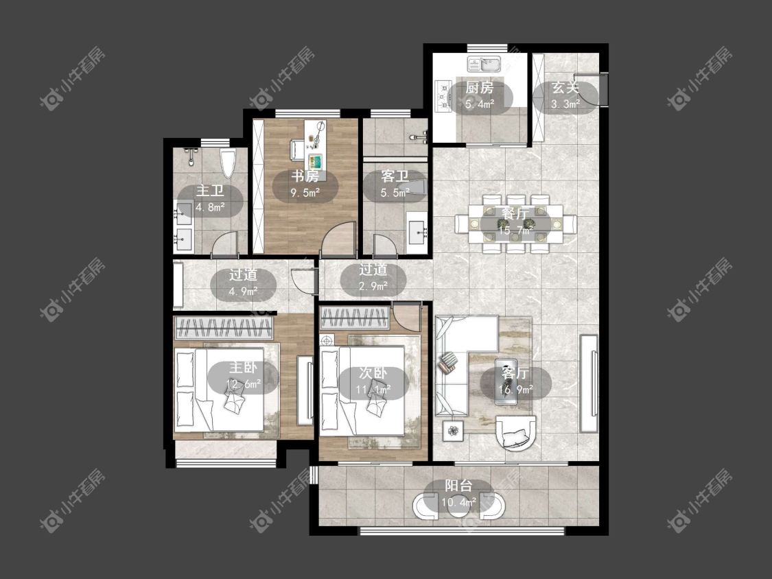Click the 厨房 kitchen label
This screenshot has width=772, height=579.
479,88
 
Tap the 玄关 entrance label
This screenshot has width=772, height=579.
565,88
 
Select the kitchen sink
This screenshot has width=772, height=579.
484,64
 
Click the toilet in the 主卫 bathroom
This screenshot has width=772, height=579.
228,163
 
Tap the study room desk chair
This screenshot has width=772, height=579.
296,150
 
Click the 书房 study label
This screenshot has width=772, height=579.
305,176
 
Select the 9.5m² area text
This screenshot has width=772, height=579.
305,193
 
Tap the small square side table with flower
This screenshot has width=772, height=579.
454,432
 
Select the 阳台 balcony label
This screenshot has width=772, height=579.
459,486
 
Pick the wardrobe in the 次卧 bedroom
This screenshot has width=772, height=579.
355,318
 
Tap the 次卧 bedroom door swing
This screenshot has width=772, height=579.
408,316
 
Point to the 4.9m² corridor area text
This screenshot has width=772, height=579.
243,291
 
